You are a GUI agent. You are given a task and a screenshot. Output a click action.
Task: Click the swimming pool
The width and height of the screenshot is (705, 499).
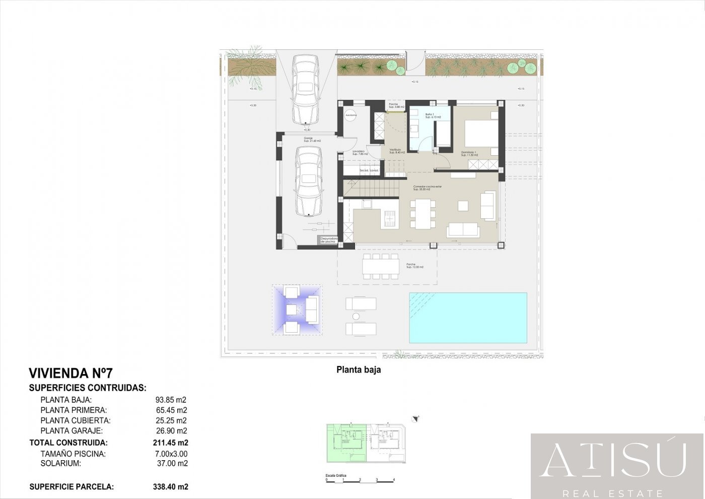(468, 318)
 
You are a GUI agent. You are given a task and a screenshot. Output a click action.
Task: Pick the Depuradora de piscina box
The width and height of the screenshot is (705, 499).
(328, 240)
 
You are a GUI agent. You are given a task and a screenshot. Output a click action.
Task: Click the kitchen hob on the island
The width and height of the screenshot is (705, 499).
(390, 218)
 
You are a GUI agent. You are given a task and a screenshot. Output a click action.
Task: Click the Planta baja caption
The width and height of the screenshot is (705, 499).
(359, 370)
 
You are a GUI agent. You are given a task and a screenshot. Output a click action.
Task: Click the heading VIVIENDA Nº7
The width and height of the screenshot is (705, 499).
(70, 373)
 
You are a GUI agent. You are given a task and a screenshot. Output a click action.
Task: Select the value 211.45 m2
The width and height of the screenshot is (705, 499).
(170, 443)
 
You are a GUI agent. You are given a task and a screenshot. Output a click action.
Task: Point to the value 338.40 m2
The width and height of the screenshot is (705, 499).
(170, 487)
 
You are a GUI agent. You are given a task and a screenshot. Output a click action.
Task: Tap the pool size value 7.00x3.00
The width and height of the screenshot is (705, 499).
(171, 454)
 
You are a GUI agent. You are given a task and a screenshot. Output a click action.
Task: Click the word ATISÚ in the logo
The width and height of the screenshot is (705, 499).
(613, 460)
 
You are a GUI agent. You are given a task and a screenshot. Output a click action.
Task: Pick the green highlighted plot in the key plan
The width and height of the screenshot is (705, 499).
(346, 444)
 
